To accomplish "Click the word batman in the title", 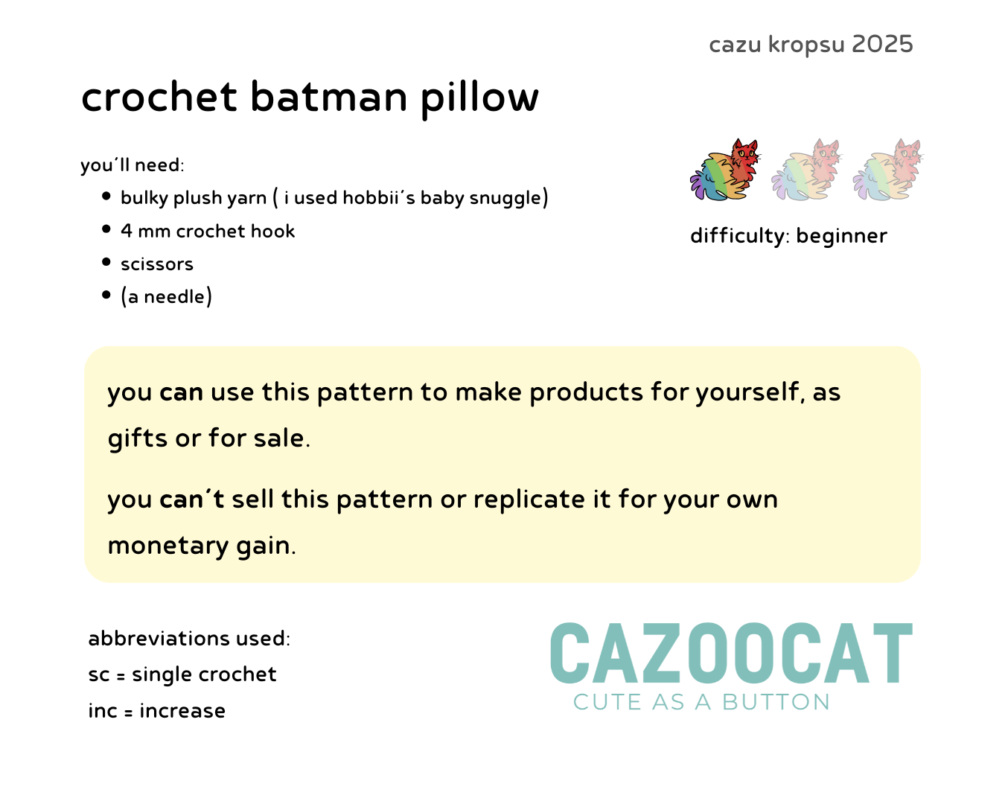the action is pos(329,98).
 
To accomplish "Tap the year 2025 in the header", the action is pos(881,45).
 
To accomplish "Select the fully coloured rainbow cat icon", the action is pos(725,169).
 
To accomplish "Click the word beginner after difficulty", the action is pos(841,236).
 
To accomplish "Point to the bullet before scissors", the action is pos(106,261).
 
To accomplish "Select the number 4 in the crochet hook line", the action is pos(126,231).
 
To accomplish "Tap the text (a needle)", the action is pos(166,296).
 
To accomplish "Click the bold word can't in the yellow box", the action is pos(191,499).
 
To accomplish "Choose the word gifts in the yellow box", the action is pos(137,438).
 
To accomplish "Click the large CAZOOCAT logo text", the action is pos(731,653).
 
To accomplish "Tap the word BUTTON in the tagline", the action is pos(776,702).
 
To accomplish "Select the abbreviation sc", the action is pos(99,674).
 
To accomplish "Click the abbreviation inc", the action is pos(102,710).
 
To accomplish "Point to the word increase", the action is pos(182,710).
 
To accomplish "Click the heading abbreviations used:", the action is pos(189,638).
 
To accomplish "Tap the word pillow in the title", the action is pos(479,99).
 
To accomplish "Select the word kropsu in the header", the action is pos(806,45).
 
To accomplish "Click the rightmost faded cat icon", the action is pos(887,169).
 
